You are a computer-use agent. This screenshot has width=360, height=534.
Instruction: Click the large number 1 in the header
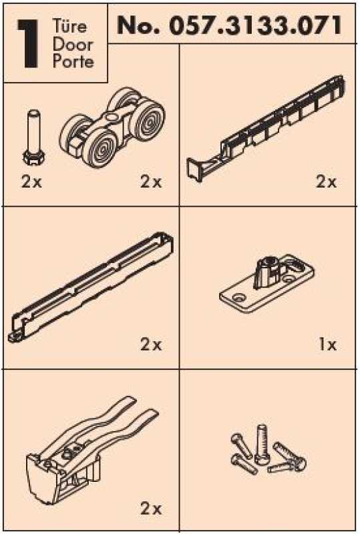(29, 43)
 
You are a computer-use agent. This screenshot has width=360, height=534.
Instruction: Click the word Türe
(70, 27)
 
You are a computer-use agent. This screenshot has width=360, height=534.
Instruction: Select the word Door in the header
(73, 45)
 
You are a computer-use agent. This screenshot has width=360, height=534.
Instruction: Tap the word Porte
(73, 61)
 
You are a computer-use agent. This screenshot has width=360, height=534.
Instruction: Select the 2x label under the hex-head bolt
(31, 182)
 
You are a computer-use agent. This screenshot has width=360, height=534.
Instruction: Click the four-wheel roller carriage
(112, 127)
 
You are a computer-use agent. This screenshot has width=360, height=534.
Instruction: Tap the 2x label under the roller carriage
(151, 182)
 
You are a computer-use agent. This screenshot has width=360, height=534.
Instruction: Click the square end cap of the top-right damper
(194, 169)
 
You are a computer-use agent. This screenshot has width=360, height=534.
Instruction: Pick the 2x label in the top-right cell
(326, 182)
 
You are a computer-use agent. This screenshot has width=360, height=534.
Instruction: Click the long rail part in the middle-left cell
(91, 287)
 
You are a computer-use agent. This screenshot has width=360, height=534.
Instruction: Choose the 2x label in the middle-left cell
(151, 345)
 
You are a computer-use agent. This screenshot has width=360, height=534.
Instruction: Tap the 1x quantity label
(327, 345)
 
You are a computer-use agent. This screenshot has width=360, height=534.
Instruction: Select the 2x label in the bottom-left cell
(151, 509)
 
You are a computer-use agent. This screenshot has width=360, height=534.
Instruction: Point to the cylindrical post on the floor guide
(268, 268)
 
